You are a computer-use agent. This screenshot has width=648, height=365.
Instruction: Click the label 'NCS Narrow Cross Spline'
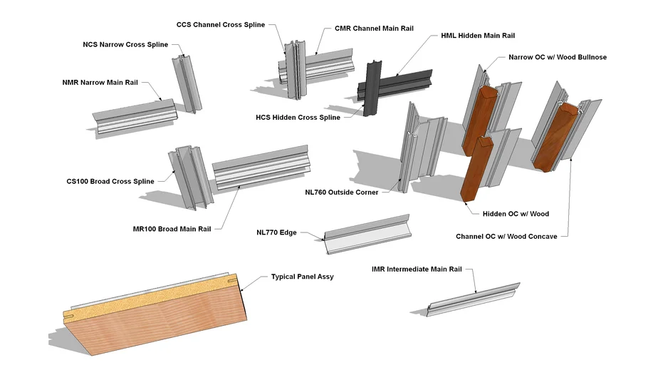pyautogui.click(x=125, y=44)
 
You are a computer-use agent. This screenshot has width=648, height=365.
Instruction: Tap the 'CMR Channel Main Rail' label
pyautogui.click(x=374, y=29)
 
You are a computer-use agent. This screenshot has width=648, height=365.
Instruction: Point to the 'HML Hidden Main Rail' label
pyautogui.click(x=478, y=35)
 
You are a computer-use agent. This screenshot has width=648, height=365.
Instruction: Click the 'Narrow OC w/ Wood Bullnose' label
pyautogui.click(x=558, y=57)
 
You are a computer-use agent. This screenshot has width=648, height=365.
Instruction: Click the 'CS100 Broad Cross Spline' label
pyautogui.click(x=110, y=181)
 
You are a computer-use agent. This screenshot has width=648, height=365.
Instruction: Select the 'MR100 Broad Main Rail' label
pyautogui.click(x=172, y=229)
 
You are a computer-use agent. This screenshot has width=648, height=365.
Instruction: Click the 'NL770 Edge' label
pyautogui.click(x=276, y=232)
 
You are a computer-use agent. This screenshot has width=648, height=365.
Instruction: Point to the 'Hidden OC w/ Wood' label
pyautogui.click(x=506, y=213)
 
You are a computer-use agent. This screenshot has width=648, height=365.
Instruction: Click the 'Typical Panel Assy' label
pyautogui.click(x=302, y=276)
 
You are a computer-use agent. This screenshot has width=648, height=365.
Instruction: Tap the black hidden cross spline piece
pyautogui.click(x=371, y=89)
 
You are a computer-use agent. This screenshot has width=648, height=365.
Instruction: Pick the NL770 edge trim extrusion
pyautogui.click(x=367, y=232)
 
